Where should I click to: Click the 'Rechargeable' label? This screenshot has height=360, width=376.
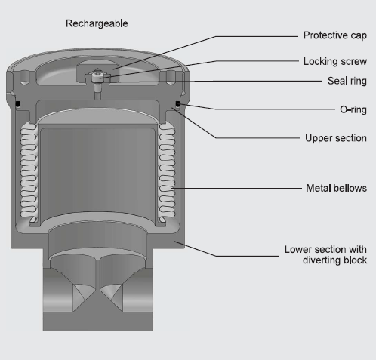click(97, 23)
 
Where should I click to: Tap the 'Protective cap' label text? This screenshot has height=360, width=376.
click(335, 35)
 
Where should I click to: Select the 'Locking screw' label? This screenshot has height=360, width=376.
click(335, 62)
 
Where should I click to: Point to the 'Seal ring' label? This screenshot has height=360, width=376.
click(347, 81)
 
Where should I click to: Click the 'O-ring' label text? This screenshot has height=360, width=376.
click(353, 109)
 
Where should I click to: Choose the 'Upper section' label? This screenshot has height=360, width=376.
click(336, 138)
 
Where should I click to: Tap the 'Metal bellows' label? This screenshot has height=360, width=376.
click(336, 188)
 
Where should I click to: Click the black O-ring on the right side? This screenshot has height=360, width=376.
click(177, 104)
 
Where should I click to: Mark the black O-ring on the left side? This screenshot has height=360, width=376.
click(18, 104)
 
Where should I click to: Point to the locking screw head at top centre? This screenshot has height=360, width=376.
click(97, 76)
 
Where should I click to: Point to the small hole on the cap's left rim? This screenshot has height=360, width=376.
click(25, 77)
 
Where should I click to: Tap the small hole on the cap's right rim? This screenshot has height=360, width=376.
click(171, 77)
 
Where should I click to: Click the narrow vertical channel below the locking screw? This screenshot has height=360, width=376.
click(97, 91)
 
